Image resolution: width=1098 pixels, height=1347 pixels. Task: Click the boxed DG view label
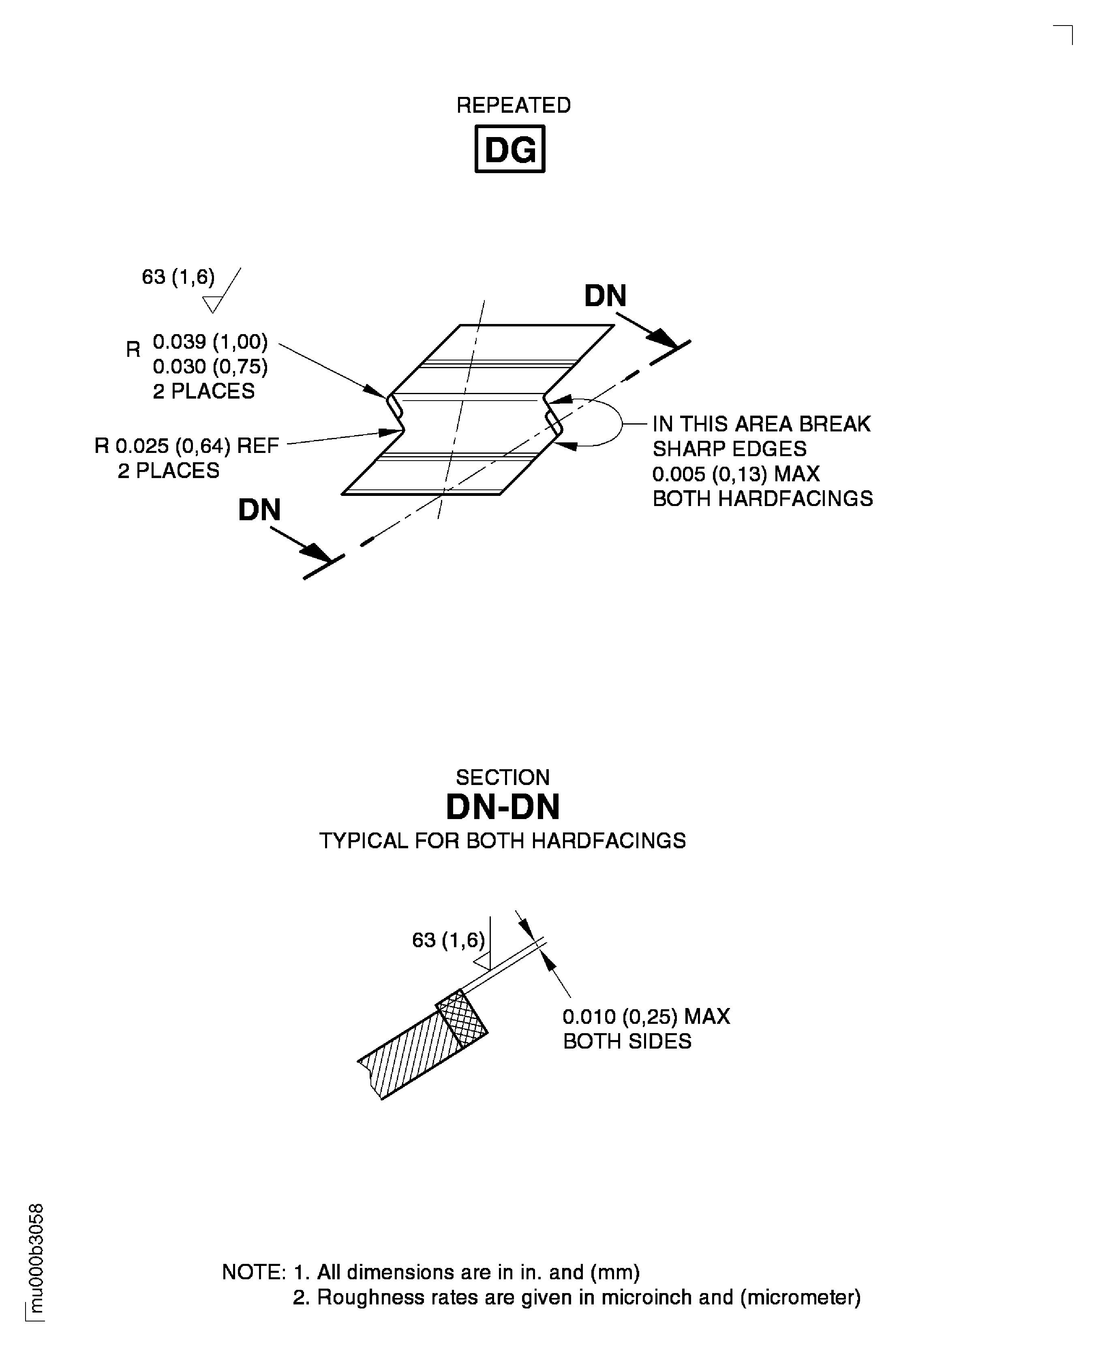(x=510, y=149)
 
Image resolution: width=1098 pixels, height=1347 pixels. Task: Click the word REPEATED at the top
(x=514, y=105)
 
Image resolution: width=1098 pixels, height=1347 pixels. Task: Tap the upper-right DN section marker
(x=605, y=296)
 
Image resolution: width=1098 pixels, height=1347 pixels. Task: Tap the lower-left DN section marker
(x=259, y=510)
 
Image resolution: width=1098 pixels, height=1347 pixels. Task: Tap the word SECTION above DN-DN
(x=503, y=777)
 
